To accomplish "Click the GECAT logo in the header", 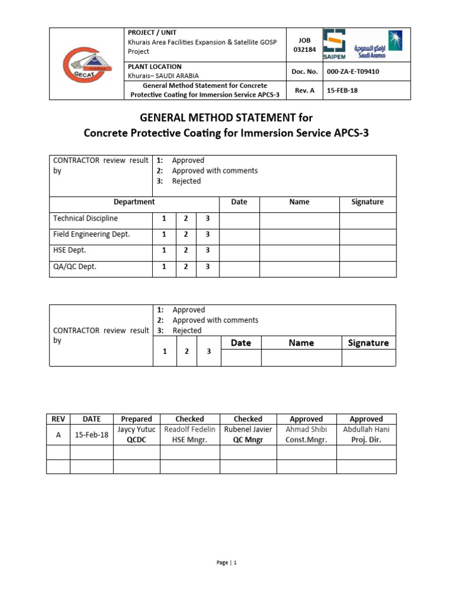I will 87,64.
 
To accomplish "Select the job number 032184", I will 303,50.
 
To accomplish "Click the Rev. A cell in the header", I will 303,90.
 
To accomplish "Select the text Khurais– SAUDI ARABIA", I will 163,75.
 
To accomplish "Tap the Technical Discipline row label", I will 86,218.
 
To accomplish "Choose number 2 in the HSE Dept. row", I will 186,251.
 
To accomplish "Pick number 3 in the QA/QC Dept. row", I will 207,267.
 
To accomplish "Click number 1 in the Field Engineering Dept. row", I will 163,234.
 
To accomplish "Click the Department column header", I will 134,202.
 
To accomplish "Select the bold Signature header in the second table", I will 368,343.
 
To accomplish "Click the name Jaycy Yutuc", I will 136,429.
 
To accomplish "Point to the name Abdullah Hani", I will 366,429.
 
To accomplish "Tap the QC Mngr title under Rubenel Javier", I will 248,439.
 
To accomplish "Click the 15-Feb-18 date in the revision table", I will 91,435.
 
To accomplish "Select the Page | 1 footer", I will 226,563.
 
